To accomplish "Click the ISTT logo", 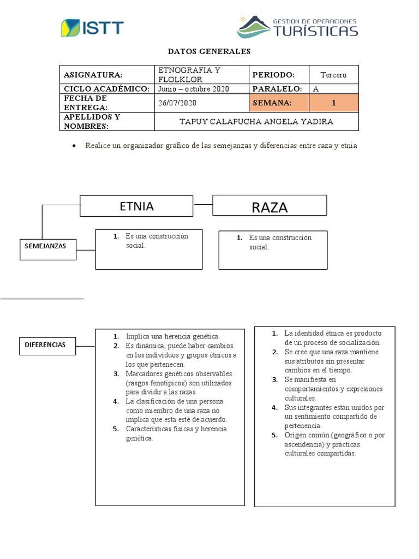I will (x=92, y=28).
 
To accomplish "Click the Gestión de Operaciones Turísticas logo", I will (x=297, y=27).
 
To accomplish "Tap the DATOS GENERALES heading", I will (x=209, y=51).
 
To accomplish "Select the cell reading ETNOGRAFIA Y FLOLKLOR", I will (x=201, y=75).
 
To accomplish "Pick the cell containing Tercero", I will (x=333, y=75).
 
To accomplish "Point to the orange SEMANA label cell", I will (x=279, y=103).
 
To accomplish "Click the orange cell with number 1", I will (x=333, y=103).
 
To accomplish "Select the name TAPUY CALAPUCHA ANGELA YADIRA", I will (x=256, y=121).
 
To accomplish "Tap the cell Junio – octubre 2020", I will (x=194, y=88).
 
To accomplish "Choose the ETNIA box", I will (x=136, y=206).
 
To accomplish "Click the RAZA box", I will (x=270, y=206).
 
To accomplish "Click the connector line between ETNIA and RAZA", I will (x=203, y=205).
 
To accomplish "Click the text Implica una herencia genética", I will (x=172, y=336).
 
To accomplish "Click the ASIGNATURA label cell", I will (x=107, y=75).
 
